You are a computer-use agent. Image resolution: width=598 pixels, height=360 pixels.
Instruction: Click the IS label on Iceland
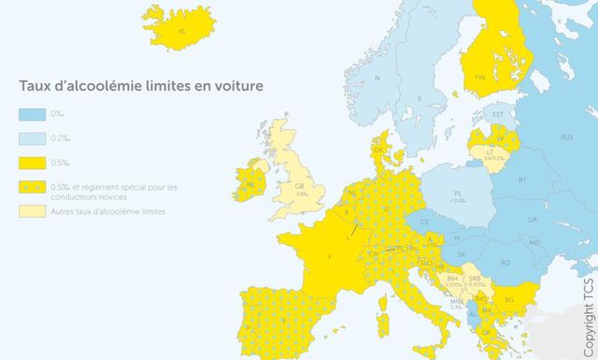click(183, 32)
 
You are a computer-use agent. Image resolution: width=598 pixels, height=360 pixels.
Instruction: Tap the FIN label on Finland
click(480, 77)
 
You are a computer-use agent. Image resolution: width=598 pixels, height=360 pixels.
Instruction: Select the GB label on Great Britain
click(300, 186)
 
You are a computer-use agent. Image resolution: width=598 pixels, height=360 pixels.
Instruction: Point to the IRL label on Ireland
click(249, 185)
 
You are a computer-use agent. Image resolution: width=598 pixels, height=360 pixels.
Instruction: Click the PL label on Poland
click(459, 194)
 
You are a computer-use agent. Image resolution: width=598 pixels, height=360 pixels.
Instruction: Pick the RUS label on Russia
click(566, 137)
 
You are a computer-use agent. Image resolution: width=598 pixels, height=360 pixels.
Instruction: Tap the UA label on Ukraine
click(533, 219)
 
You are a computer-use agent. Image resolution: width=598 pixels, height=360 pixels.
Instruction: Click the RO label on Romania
click(505, 263)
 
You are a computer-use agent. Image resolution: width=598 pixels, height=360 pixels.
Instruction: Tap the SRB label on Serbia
click(474, 278)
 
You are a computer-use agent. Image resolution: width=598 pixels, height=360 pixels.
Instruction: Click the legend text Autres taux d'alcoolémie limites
click(108, 212)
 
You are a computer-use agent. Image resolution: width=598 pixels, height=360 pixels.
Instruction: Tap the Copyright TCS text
click(587, 310)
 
